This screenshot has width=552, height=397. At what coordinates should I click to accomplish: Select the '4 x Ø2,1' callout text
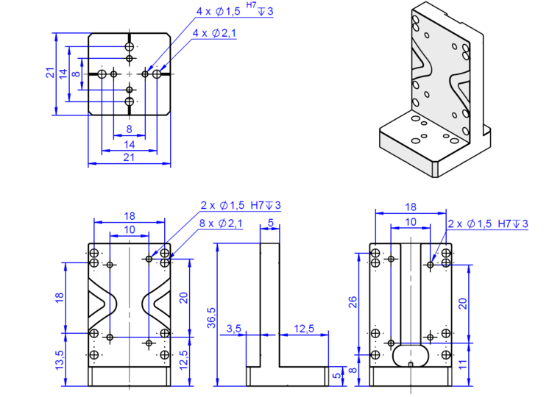tap(214, 33)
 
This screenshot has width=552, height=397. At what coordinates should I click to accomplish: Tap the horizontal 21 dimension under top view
tap(129, 157)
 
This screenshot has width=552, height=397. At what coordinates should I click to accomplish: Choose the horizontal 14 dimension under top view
tap(129, 145)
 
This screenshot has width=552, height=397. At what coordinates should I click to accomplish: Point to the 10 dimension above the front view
tap(130, 229)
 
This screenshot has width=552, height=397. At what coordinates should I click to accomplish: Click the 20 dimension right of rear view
tap(463, 303)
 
